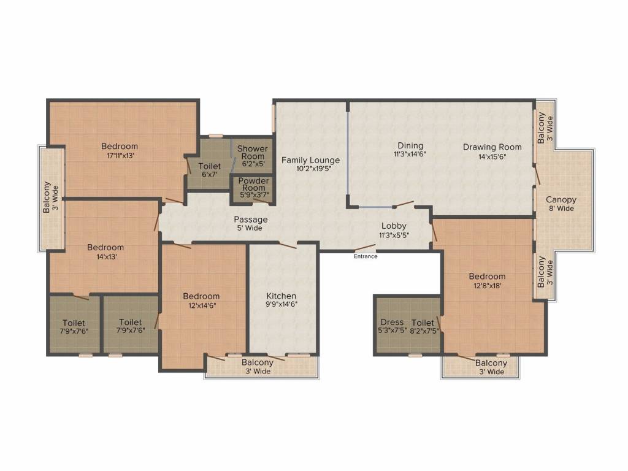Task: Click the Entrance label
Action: pos(366,256)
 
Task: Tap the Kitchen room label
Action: pos(281,296)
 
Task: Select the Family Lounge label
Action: pos(310,160)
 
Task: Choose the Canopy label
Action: pos(561,199)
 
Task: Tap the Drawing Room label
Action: pos(492,147)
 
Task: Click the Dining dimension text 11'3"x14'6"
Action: pos(410,155)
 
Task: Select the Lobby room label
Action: pos(394,226)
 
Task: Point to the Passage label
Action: pos(250,219)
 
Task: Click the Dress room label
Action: pos(392,322)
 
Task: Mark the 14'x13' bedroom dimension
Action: pos(105,256)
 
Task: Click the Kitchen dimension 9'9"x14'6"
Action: pos(281,304)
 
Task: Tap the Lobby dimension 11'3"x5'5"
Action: pos(394,234)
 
